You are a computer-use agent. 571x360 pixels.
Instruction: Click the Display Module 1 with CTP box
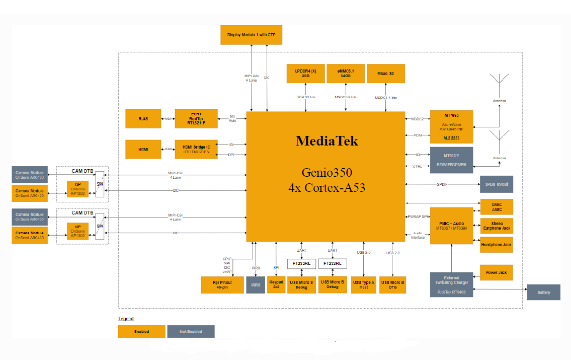(251, 35)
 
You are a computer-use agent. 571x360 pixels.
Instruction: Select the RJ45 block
(143, 118)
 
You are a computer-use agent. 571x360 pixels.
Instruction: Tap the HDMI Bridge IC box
(196, 150)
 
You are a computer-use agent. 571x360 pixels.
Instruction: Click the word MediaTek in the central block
(327, 141)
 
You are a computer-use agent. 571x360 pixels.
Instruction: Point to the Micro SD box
(385, 74)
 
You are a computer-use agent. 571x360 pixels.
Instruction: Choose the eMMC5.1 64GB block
(346, 74)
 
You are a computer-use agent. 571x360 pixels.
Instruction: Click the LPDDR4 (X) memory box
(305, 74)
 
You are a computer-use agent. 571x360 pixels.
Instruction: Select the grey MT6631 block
(451, 160)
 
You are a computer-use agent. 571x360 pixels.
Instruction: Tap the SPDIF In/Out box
(497, 184)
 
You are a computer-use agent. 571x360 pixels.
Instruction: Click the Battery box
(543, 292)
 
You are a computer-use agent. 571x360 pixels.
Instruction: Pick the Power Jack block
(497, 272)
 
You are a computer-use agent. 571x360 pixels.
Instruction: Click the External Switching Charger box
(451, 284)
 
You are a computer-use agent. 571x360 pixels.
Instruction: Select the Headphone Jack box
(497, 245)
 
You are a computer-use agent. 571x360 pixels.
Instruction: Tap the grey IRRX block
(256, 284)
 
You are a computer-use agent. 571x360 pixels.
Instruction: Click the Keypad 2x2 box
(276, 284)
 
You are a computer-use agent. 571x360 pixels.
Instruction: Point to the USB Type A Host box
(364, 284)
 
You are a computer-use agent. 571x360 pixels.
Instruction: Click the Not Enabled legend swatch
(191, 331)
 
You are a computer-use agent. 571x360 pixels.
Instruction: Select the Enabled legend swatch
(141, 331)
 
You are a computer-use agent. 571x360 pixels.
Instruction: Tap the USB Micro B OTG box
(392, 284)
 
